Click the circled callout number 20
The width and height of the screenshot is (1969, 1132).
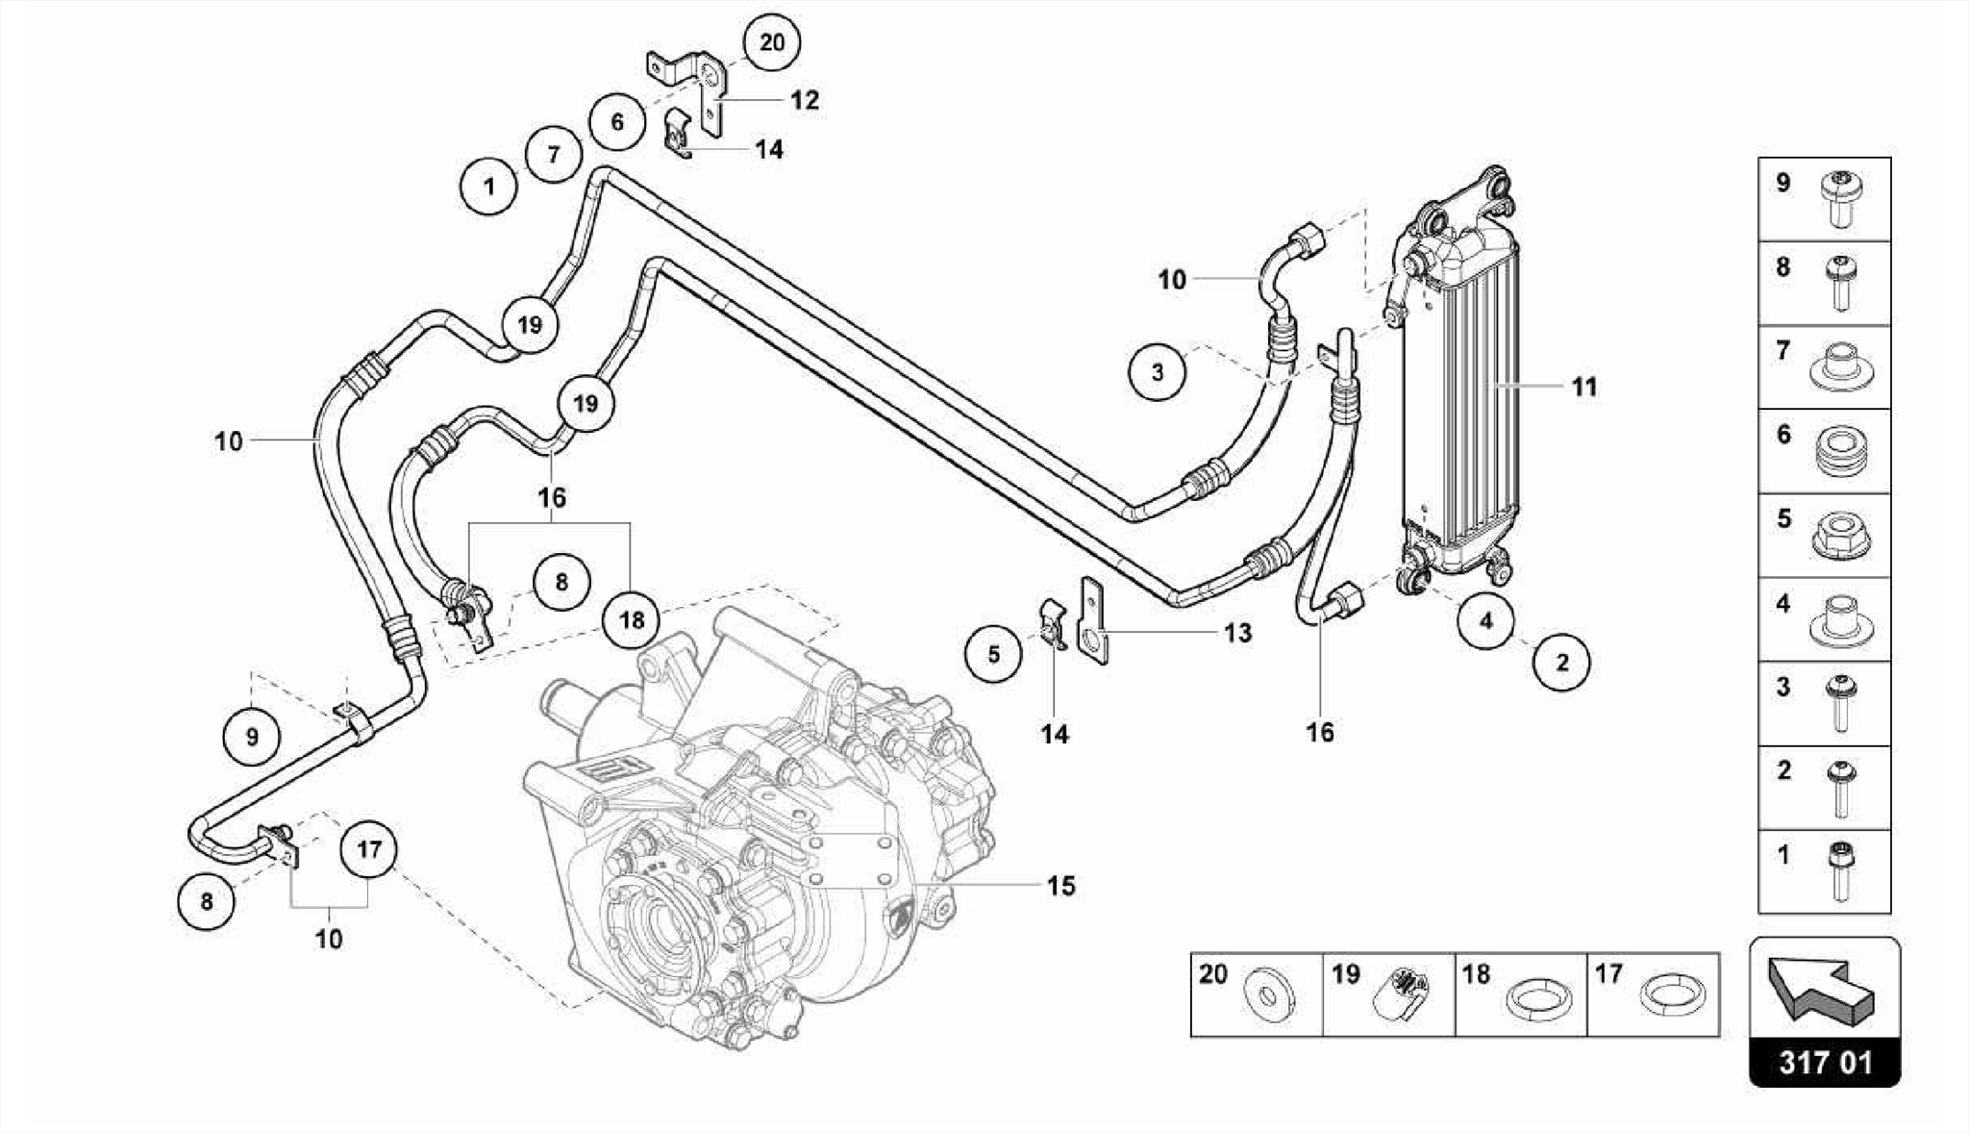coord(771,42)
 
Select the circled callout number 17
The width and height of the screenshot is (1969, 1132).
coord(369,849)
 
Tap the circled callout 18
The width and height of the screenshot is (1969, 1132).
coord(632,620)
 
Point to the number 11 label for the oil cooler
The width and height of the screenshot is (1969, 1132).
coord(1583,387)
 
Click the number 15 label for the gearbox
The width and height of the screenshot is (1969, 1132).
coord(1060,885)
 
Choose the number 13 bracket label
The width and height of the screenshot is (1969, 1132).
coord(1237,633)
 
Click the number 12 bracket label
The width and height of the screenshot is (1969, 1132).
coord(804,100)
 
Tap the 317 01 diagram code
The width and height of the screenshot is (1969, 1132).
coord(1824,1063)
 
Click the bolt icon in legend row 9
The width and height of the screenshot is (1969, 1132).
coord(1840,199)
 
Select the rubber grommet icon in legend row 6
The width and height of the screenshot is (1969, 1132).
coord(1840,451)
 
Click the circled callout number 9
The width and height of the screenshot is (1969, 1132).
coord(252,738)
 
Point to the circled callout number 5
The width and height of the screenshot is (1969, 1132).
coord(993,654)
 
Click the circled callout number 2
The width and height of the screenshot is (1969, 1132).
coord(1561,662)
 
